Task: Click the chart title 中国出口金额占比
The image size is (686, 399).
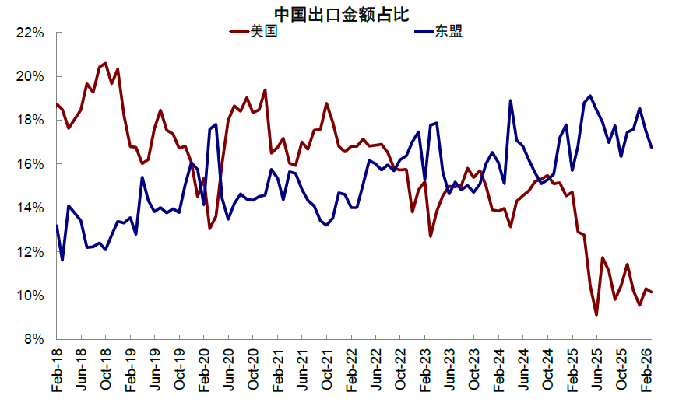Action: (x=342, y=13)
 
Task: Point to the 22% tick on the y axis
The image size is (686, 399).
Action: (x=29, y=33)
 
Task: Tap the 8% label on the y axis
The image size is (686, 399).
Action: (x=32, y=340)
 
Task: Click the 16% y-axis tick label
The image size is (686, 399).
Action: (x=29, y=165)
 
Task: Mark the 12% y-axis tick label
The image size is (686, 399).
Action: (x=29, y=253)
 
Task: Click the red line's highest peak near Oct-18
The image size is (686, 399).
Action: (x=106, y=63)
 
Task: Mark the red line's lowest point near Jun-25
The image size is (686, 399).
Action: (x=596, y=315)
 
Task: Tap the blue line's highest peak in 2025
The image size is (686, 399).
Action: (x=590, y=96)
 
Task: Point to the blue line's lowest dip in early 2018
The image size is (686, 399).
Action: (x=63, y=260)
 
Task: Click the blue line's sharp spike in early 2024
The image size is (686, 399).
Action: (x=511, y=100)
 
